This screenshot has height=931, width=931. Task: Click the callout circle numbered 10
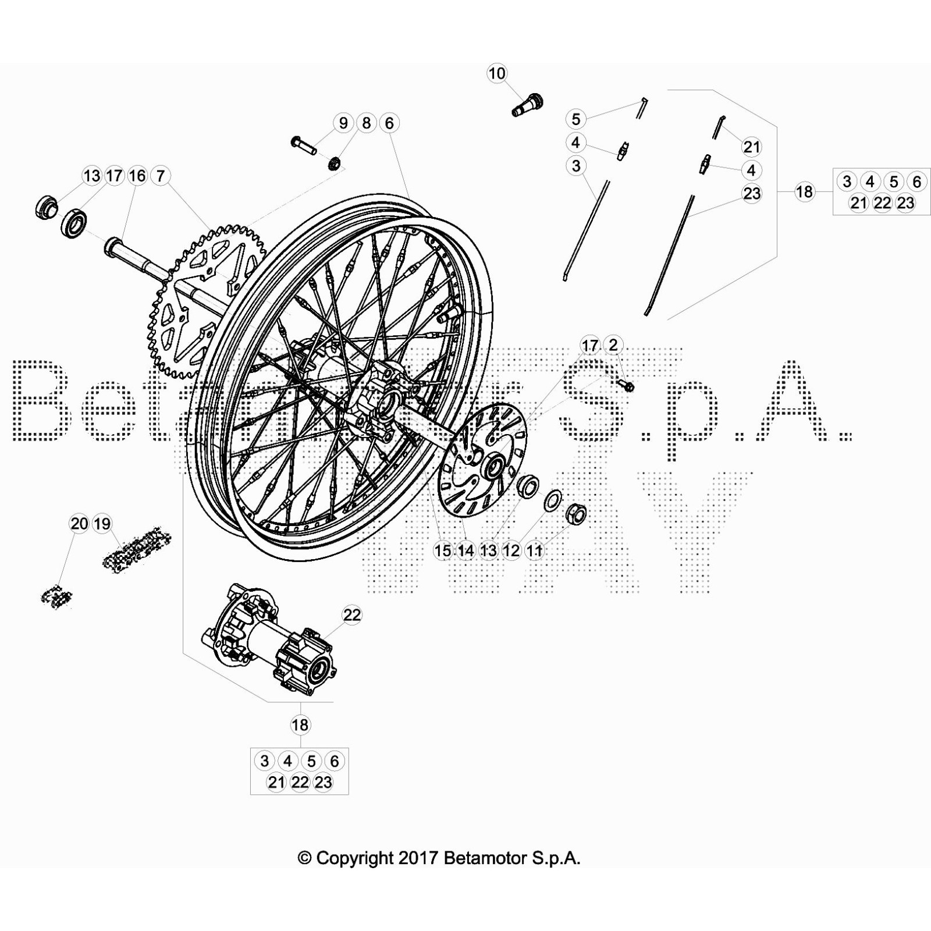click(x=497, y=74)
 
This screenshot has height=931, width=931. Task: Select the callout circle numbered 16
click(x=137, y=176)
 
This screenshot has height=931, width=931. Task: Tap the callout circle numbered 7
click(x=161, y=176)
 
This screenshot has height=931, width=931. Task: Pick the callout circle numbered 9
click(x=343, y=123)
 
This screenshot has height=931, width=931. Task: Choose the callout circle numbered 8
click(x=366, y=123)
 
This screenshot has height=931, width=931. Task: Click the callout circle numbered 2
click(x=613, y=345)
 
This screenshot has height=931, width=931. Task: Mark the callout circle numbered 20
click(x=79, y=524)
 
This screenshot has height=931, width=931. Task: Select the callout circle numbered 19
click(x=102, y=524)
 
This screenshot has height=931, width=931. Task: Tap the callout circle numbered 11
click(x=534, y=550)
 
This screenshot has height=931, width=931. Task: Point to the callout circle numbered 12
click(x=511, y=550)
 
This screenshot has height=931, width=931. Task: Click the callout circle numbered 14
click(x=465, y=550)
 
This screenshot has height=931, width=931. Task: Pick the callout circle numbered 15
click(x=443, y=550)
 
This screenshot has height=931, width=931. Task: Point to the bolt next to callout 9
click(x=303, y=145)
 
